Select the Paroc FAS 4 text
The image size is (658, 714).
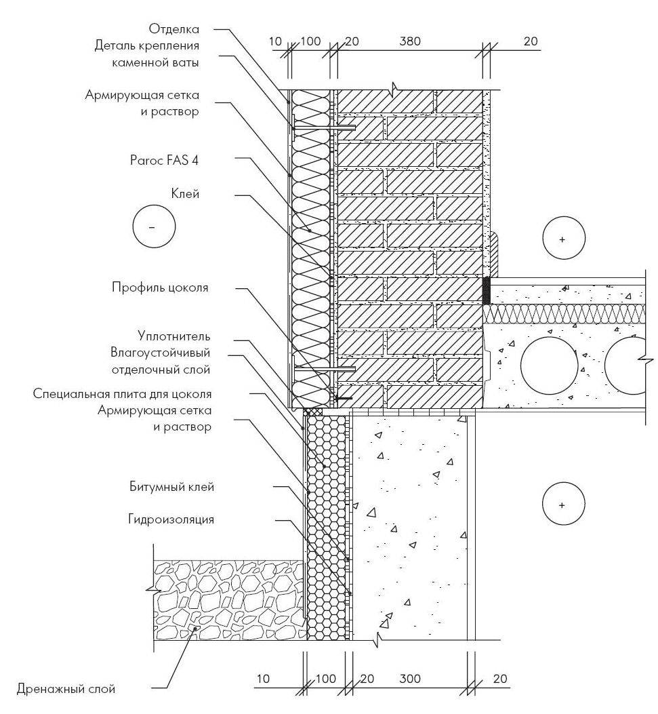(x=165, y=161)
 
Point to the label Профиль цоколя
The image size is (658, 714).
(x=160, y=287)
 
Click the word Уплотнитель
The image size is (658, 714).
(x=174, y=336)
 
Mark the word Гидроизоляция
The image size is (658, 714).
(x=171, y=519)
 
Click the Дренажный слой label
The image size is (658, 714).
(x=66, y=689)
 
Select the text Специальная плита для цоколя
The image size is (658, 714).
(x=123, y=393)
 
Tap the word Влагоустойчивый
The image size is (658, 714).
(x=161, y=353)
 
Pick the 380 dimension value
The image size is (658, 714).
(x=410, y=42)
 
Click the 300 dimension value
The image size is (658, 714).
(x=410, y=679)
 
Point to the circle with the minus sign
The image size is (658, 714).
(x=154, y=226)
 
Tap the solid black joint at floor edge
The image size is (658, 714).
(x=486, y=290)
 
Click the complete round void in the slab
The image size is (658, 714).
(x=549, y=365)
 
